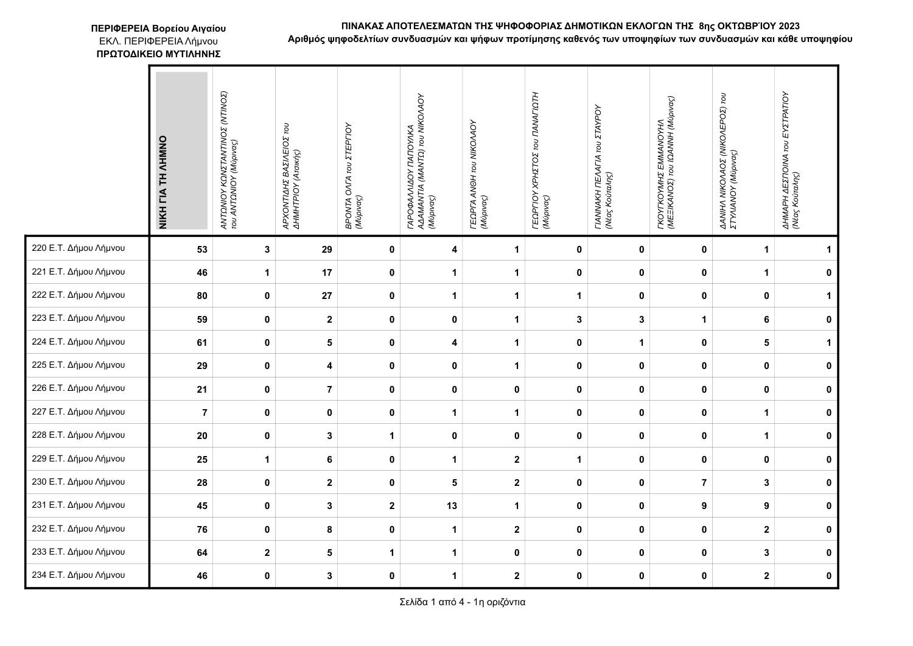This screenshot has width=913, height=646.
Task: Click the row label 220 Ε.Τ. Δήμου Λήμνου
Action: pos(78,248)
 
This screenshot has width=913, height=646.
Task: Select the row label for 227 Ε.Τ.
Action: pos(78,412)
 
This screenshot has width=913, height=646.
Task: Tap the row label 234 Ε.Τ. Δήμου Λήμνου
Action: pos(78,575)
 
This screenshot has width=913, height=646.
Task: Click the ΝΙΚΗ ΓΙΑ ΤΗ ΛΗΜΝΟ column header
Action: pos(163,183)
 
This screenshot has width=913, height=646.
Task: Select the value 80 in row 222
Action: pos(202,296)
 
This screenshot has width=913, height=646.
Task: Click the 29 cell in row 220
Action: pos(327,249)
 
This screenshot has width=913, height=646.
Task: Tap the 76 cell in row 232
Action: pos(202,530)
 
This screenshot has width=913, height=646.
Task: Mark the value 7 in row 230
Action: pos(704,483)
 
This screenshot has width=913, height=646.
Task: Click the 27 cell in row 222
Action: pos(327,296)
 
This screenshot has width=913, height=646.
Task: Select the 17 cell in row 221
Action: pos(327,273)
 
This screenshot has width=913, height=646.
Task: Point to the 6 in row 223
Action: pos(766,319)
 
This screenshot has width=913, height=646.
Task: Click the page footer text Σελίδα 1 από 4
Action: pos(462,603)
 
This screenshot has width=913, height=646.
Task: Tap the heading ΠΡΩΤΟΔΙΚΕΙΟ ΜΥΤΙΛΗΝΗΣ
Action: pos(158,54)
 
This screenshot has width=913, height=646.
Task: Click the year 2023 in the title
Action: pos(788,26)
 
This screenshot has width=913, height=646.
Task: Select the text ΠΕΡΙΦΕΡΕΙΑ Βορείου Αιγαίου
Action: pos(158,29)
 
